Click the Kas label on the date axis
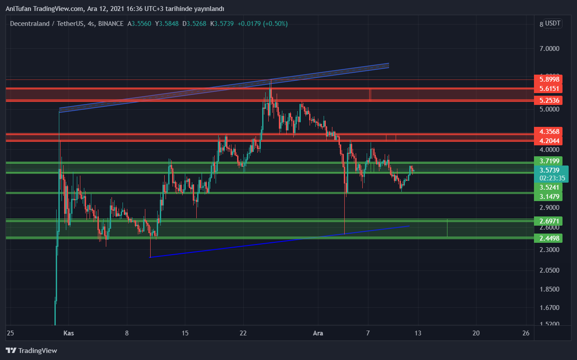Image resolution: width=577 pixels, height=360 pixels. [69, 333]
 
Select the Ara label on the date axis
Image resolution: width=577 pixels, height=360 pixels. [318, 333]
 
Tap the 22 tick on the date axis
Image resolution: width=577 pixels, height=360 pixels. [243, 333]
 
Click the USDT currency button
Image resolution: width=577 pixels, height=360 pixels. [552, 24]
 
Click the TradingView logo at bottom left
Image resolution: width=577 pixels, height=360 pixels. [31, 350]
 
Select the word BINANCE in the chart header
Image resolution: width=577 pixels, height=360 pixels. [111, 24]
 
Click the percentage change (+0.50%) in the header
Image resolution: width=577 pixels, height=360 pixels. [275, 24]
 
